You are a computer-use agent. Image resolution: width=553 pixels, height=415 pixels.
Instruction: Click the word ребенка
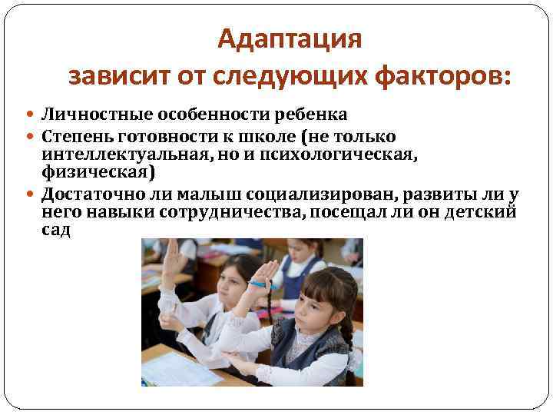pos(310,115)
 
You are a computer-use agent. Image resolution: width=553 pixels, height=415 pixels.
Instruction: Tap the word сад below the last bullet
pos(56,230)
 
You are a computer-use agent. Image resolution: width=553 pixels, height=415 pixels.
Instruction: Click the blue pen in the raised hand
pos(262,285)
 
